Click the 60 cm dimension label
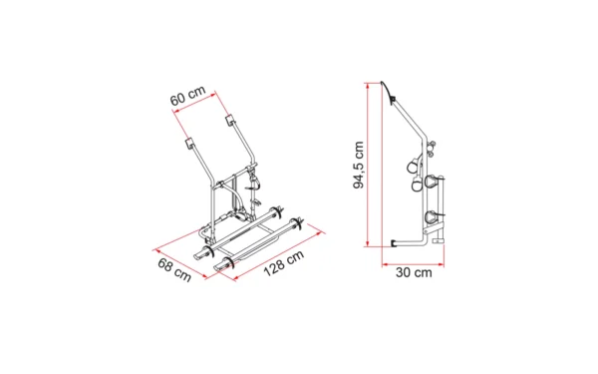[187, 96]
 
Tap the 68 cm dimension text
[174, 270]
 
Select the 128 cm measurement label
[284, 263]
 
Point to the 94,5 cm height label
[359, 165]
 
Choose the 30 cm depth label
[414, 272]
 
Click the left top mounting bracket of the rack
[189, 143]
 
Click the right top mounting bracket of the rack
[230, 119]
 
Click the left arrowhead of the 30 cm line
[385, 263]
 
